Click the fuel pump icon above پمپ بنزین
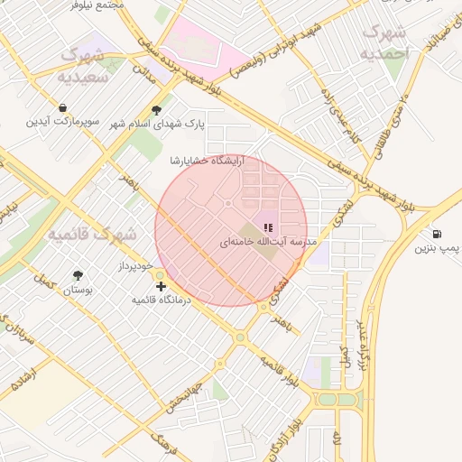438,233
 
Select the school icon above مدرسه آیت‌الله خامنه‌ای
267,226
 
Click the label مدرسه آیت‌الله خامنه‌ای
260,243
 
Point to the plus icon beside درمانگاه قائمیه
162,286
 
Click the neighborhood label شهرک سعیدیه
82,67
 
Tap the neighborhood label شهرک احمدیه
385,43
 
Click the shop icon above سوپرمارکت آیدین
61,106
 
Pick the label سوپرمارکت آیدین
61,120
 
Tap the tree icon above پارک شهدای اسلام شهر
157,110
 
